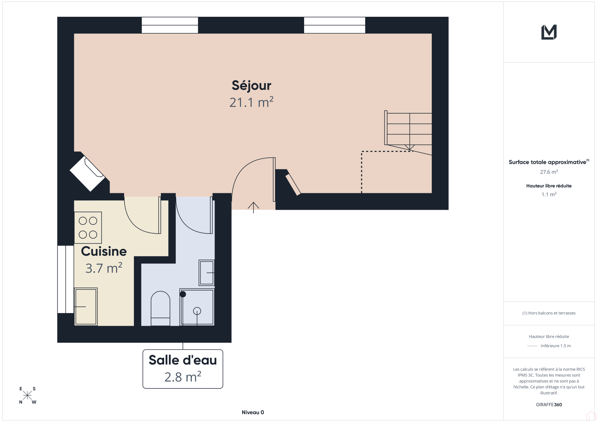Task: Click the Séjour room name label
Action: tap(251, 86)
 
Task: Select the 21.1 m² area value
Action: tap(251, 102)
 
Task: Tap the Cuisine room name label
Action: tap(104, 251)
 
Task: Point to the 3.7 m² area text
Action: tap(104, 268)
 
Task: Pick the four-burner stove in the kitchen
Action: tap(88, 228)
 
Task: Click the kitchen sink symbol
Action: tap(86, 307)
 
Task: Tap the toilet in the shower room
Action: tap(160, 308)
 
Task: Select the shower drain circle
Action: tap(197, 311)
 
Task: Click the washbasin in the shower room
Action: tap(207, 273)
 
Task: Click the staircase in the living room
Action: tap(408, 132)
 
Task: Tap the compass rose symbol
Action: tap(28, 395)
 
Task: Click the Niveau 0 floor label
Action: tap(253, 412)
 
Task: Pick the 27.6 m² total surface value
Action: tap(549, 172)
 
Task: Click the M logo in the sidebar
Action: tap(549, 32)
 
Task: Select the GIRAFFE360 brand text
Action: tap(549, 404)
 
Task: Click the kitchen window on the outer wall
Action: tap(66, 279)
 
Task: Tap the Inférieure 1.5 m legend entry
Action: tap(556, 346)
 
